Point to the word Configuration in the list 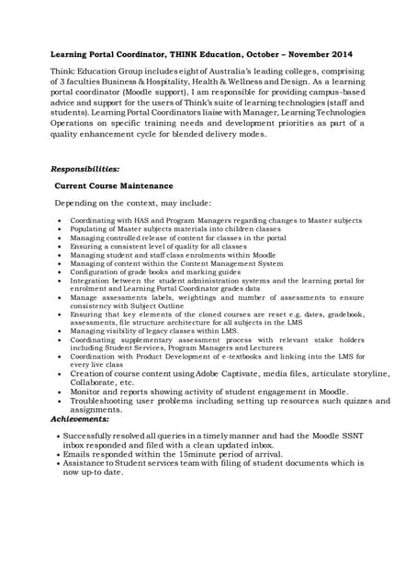(93, 272)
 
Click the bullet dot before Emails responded (58, 453)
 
